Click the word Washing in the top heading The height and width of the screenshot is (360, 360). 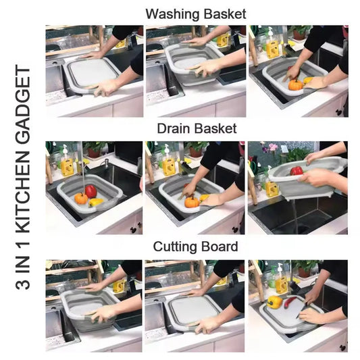169,14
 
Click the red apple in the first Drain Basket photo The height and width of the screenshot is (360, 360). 91,191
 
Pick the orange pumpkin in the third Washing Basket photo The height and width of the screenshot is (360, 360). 294,85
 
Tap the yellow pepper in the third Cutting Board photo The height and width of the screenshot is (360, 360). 274,301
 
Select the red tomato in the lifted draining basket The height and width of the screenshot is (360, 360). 297,170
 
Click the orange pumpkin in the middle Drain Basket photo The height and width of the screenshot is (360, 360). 192,201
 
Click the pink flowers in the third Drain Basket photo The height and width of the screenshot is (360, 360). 273,147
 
